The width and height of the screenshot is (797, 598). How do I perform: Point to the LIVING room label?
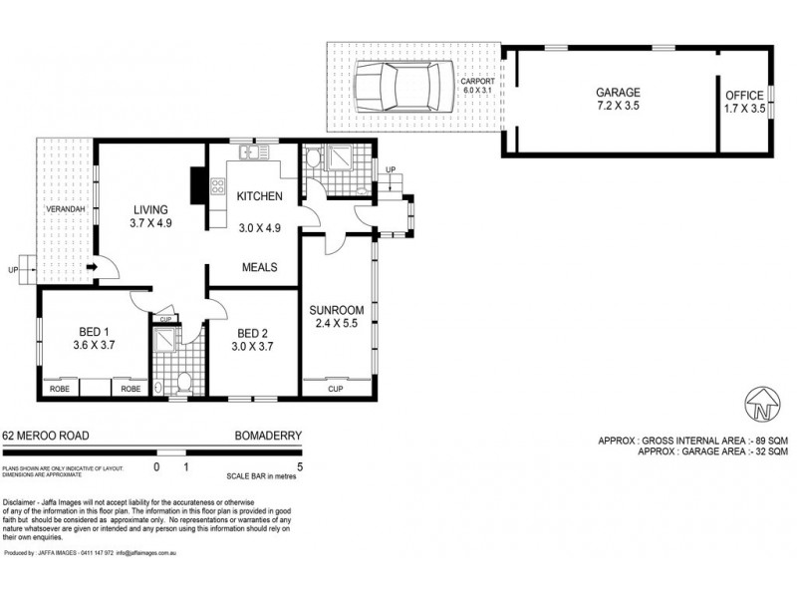click(x=152, y=209)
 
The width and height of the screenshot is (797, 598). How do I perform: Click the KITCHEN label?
click(x=260, y=196)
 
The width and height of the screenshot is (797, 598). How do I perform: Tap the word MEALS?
click(x=260, y=266)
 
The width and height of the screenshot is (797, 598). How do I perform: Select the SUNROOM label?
click(x=335, y=310)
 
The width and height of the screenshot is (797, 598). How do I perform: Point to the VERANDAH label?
click(x=63, y=210)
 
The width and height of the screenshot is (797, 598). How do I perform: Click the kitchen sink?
click(x=250, y=152)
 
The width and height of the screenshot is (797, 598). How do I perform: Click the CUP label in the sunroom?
click(x=335, y=389)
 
